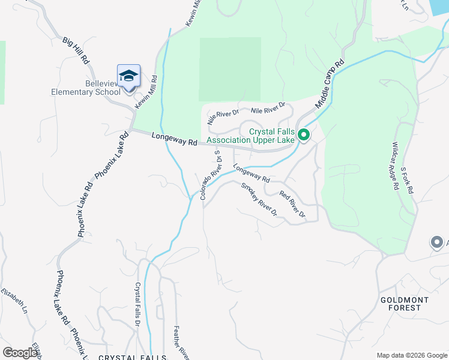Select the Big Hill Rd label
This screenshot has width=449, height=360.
pos(76,51)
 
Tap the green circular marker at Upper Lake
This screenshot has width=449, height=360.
pos(304,135)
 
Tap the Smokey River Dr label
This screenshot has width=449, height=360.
pos(259,200)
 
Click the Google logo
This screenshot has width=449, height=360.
pos(20,353)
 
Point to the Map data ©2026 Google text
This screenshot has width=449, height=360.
pos(411,355)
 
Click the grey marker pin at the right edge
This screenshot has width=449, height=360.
pos(436,242)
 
